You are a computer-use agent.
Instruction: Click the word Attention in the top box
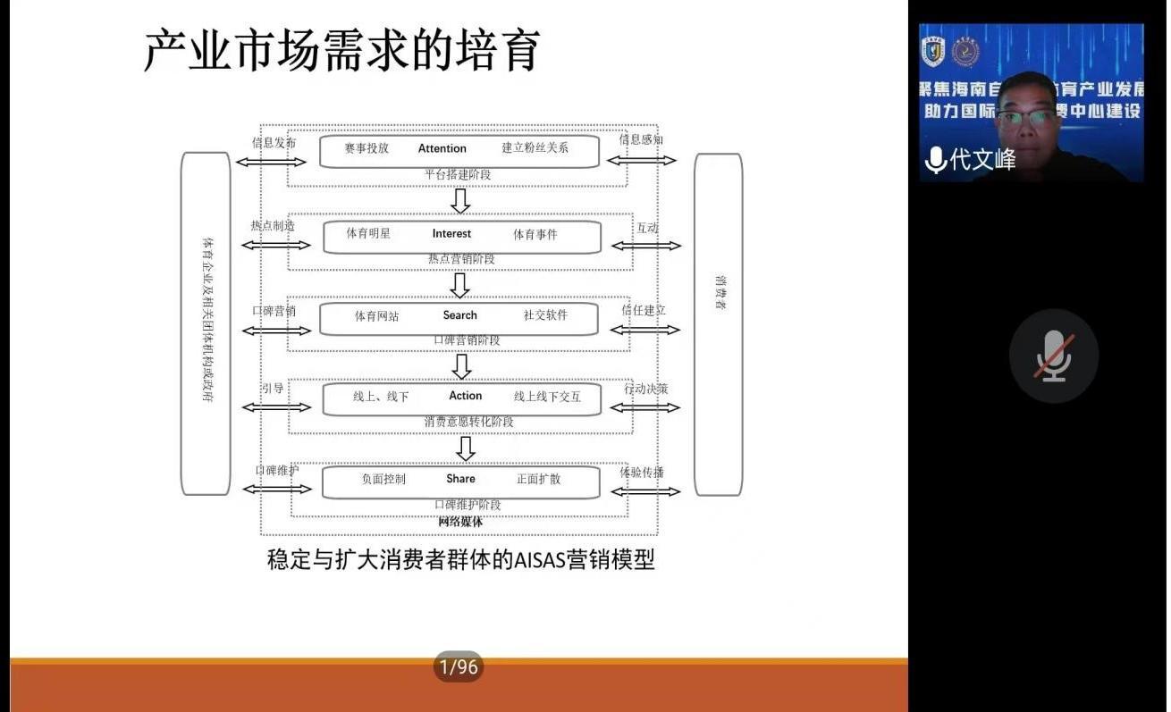[x=442, y=148]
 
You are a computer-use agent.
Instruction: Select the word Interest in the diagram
[x=451, y=233]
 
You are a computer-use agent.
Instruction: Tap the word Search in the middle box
[x=459, y=315]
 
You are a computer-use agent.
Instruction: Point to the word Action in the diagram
[x=465, y=396]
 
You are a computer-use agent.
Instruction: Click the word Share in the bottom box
[x=460, y=479]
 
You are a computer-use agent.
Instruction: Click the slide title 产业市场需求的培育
[x=342, y=50]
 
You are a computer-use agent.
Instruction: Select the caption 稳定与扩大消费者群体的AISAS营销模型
[x=460, y=560]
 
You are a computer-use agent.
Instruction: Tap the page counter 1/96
[x=458, y=666]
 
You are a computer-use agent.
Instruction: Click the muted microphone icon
[x=1054, y=356]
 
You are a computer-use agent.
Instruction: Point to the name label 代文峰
[x=982, y=160]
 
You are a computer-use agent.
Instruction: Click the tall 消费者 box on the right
[x=719, y=323]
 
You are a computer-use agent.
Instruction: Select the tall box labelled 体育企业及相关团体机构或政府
[x=206, y=323]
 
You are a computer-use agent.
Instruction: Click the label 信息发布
[x=274, y=142]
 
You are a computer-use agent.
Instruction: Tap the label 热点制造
[x=273, y=226]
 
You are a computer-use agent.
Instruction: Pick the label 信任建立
[x=644, y=310]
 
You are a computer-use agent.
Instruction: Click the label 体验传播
[x=642, y=472]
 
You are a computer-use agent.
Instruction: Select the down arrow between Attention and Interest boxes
[x=460, y=200]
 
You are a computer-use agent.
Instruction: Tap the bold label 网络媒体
[x=460, y=522]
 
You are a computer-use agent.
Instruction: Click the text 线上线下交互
[x=547, y=397]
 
